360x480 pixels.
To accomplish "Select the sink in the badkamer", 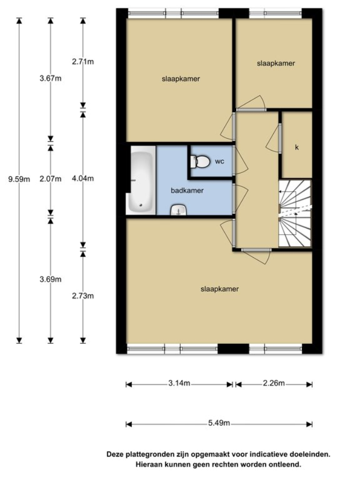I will [178, 210].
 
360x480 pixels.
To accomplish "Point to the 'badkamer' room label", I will [187, 190].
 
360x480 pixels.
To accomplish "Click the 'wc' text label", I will [219, 161].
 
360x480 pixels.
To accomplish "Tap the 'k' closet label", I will [296, 147].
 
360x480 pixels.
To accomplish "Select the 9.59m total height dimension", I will [20, 179].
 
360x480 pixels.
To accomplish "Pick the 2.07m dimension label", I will [50, 179].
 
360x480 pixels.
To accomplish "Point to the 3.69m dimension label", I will [50, 279].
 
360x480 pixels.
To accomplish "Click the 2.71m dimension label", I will [83, 62].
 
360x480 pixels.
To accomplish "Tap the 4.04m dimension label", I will [83, 179].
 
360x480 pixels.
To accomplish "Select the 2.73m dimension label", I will [83, 296].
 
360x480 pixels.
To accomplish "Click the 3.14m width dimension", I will [180, 383].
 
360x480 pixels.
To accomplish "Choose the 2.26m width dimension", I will [274, 383].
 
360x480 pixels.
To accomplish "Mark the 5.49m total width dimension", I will [219, 423].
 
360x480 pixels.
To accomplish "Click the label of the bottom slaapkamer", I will [219, 289].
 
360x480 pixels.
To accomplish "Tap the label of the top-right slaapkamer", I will [276, 63].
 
